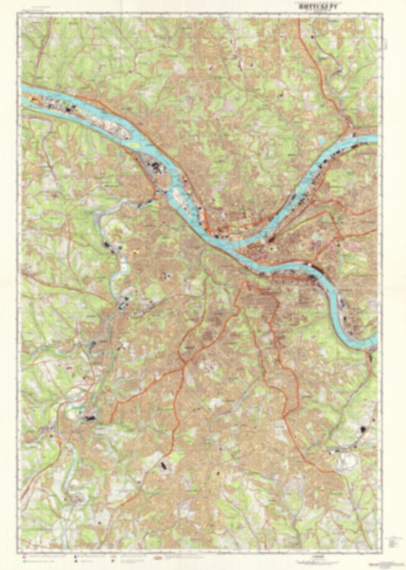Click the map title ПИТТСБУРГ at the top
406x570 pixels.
(304, 11)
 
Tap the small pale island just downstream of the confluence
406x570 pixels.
(181, 200)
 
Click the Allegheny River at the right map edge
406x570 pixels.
(371, 139)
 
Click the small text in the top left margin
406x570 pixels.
(37, 12)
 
